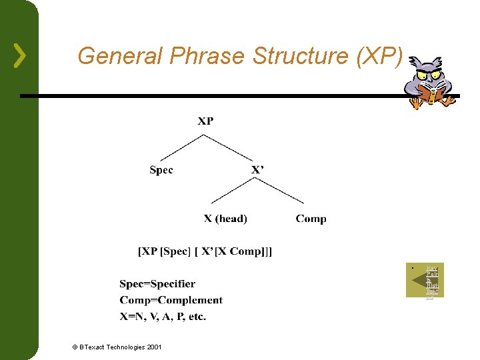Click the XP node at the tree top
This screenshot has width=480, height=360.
(205, 121)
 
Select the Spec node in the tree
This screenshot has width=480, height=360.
(161, 170)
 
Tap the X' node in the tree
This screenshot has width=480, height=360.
(257, 170)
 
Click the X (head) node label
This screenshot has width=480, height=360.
(225, 219)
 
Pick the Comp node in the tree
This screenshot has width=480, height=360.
(311, 219)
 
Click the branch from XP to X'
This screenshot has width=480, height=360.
(229, 147)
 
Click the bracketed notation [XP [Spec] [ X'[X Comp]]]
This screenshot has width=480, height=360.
(205, 251)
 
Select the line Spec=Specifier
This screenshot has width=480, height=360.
(157, 284)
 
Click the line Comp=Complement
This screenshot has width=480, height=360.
(171, 300)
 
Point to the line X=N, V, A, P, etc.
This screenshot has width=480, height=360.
(163, 316)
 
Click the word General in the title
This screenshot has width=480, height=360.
(120, 56)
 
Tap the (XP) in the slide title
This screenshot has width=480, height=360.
(380, 56)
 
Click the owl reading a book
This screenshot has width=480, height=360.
(430, 82)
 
